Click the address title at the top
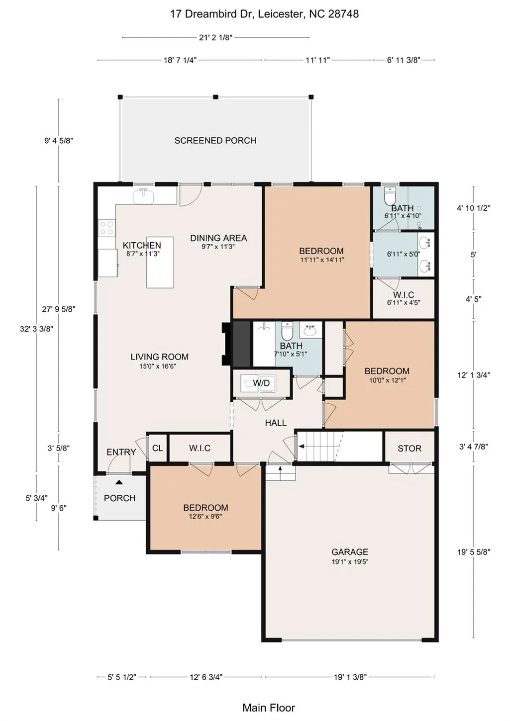(264, 14)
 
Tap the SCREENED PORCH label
(215, 141)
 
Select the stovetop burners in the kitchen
(106, 228)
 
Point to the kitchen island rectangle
(160, 263)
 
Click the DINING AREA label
(218, 238)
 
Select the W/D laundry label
(261, 383)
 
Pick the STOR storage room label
(409, 449)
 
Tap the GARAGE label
(350, 552)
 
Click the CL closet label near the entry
(158, 448)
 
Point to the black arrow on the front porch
(119, 482)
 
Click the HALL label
(276, 423)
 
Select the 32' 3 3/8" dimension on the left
(36, 329)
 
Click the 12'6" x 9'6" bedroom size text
(205, 517)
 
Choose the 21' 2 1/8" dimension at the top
(215, 38)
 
